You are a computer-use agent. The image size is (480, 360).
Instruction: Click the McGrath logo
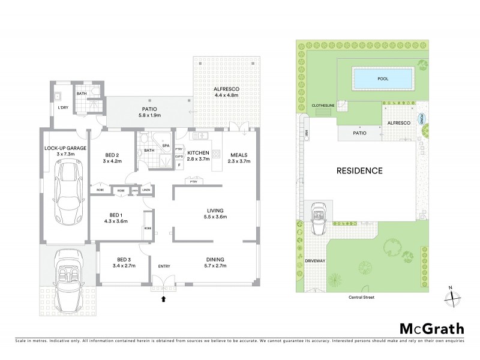coord(431,328)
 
